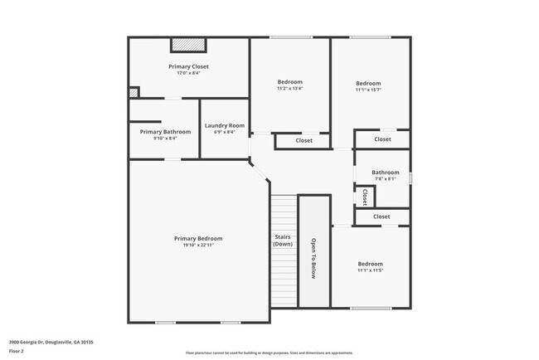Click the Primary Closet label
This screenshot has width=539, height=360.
pyautogui.click(x=188, y=66)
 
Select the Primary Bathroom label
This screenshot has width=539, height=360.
pyautogui.click(x=165, y=132)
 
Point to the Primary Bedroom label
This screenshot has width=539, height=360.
pyautogui.click(x=197, y=238)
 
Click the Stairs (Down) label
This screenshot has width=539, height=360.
pyautogui.click(x=283, y=241)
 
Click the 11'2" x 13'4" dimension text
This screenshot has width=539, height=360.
pyautogui.click(x=289, y=89)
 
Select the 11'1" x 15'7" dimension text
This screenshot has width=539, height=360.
pyautogui.click(x=368, y=90)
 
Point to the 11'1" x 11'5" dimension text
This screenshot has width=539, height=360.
pyautogui.click(x=370, y=270)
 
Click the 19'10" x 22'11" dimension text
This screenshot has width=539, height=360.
pyautogui.click(x=197, y=245)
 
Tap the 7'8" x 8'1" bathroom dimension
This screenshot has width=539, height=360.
pyautogui.click(x=385, y=178)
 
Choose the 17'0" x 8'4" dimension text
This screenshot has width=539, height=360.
pyautogui.click(x=188, y=73)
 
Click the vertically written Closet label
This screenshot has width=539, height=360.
pyautogui.click(x=365, y=197)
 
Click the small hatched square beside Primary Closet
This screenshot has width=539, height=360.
pyautogui.click(x=133, y=93)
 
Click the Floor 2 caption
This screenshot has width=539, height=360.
pyautogui.click(x=17, y=350)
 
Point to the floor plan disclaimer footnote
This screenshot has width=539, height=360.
pyautogui.click(x=269, y=352)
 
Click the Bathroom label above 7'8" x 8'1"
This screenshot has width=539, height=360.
pyautogui.click(x=385, y=173)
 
